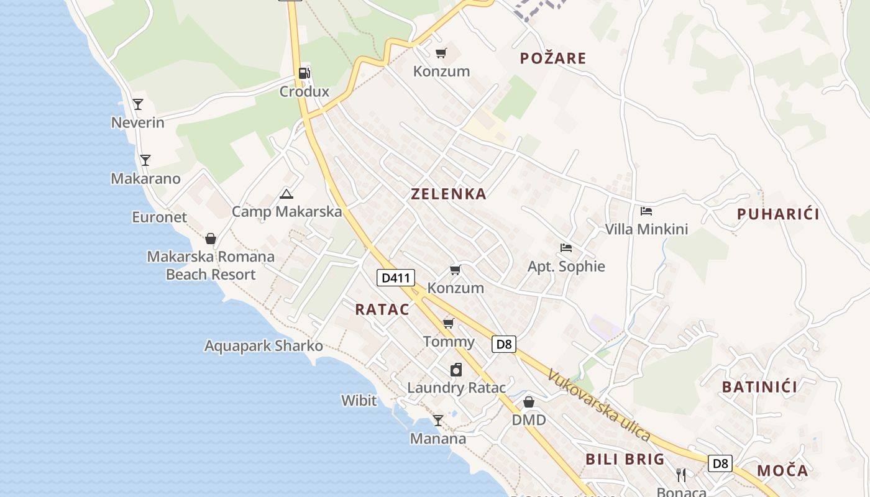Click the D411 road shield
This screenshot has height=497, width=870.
(x=395, y=278)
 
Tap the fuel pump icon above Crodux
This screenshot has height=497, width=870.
(x=304, y=73)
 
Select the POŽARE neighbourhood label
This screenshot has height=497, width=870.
(x=553, y=58)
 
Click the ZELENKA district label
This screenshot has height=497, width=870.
(x=449, y=194)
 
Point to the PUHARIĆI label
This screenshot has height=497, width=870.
(x=778, y=214)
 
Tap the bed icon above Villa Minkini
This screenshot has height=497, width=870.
(x=646, y=211)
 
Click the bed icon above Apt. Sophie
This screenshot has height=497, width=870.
(x=565, y=248)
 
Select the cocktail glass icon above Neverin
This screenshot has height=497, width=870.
(x=138, y=104)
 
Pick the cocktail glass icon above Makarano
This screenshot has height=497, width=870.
(x=145, y=160)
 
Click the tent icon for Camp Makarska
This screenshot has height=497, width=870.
(x=286, y=194)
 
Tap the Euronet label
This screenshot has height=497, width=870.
(x=159, y=217)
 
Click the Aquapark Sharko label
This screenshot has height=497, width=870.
(x=263, y=346)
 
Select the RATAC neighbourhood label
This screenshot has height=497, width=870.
(x=382, y=309)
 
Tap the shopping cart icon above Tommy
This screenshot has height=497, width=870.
(x=448, y=324)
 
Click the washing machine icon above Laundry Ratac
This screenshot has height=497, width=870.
(x=456, y=370)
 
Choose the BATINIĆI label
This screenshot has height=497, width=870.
(x=759, y=387)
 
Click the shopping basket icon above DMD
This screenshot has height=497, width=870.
(x=528, y=402)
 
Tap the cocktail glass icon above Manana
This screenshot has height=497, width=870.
(x=437, y=421)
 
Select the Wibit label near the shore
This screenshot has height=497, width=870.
(x=359, y=401)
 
